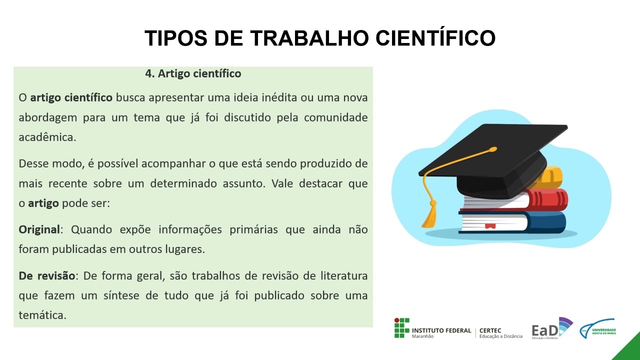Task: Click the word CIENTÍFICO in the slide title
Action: (x=435, y=38)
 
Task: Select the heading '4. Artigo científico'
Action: (x=193, y=73)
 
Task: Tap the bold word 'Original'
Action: (x=39, y=229)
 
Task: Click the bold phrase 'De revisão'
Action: (x=46, y=275)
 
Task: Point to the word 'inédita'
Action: (x=277, y=97)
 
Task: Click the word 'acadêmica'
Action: (x=47, y=137)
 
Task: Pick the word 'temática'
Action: (x=42, y=315)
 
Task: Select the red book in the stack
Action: (x=547, y=200)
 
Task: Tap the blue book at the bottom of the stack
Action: (x=547, y=222)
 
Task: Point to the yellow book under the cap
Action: (x=552, y=176)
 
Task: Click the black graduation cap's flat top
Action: (x=495, y=145)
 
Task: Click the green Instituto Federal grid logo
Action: (x=401, y=327)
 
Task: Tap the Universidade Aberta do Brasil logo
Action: (x=597, y=328)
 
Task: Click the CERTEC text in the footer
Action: (x=490, y=330)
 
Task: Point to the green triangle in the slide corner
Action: (x=629, y=349)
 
